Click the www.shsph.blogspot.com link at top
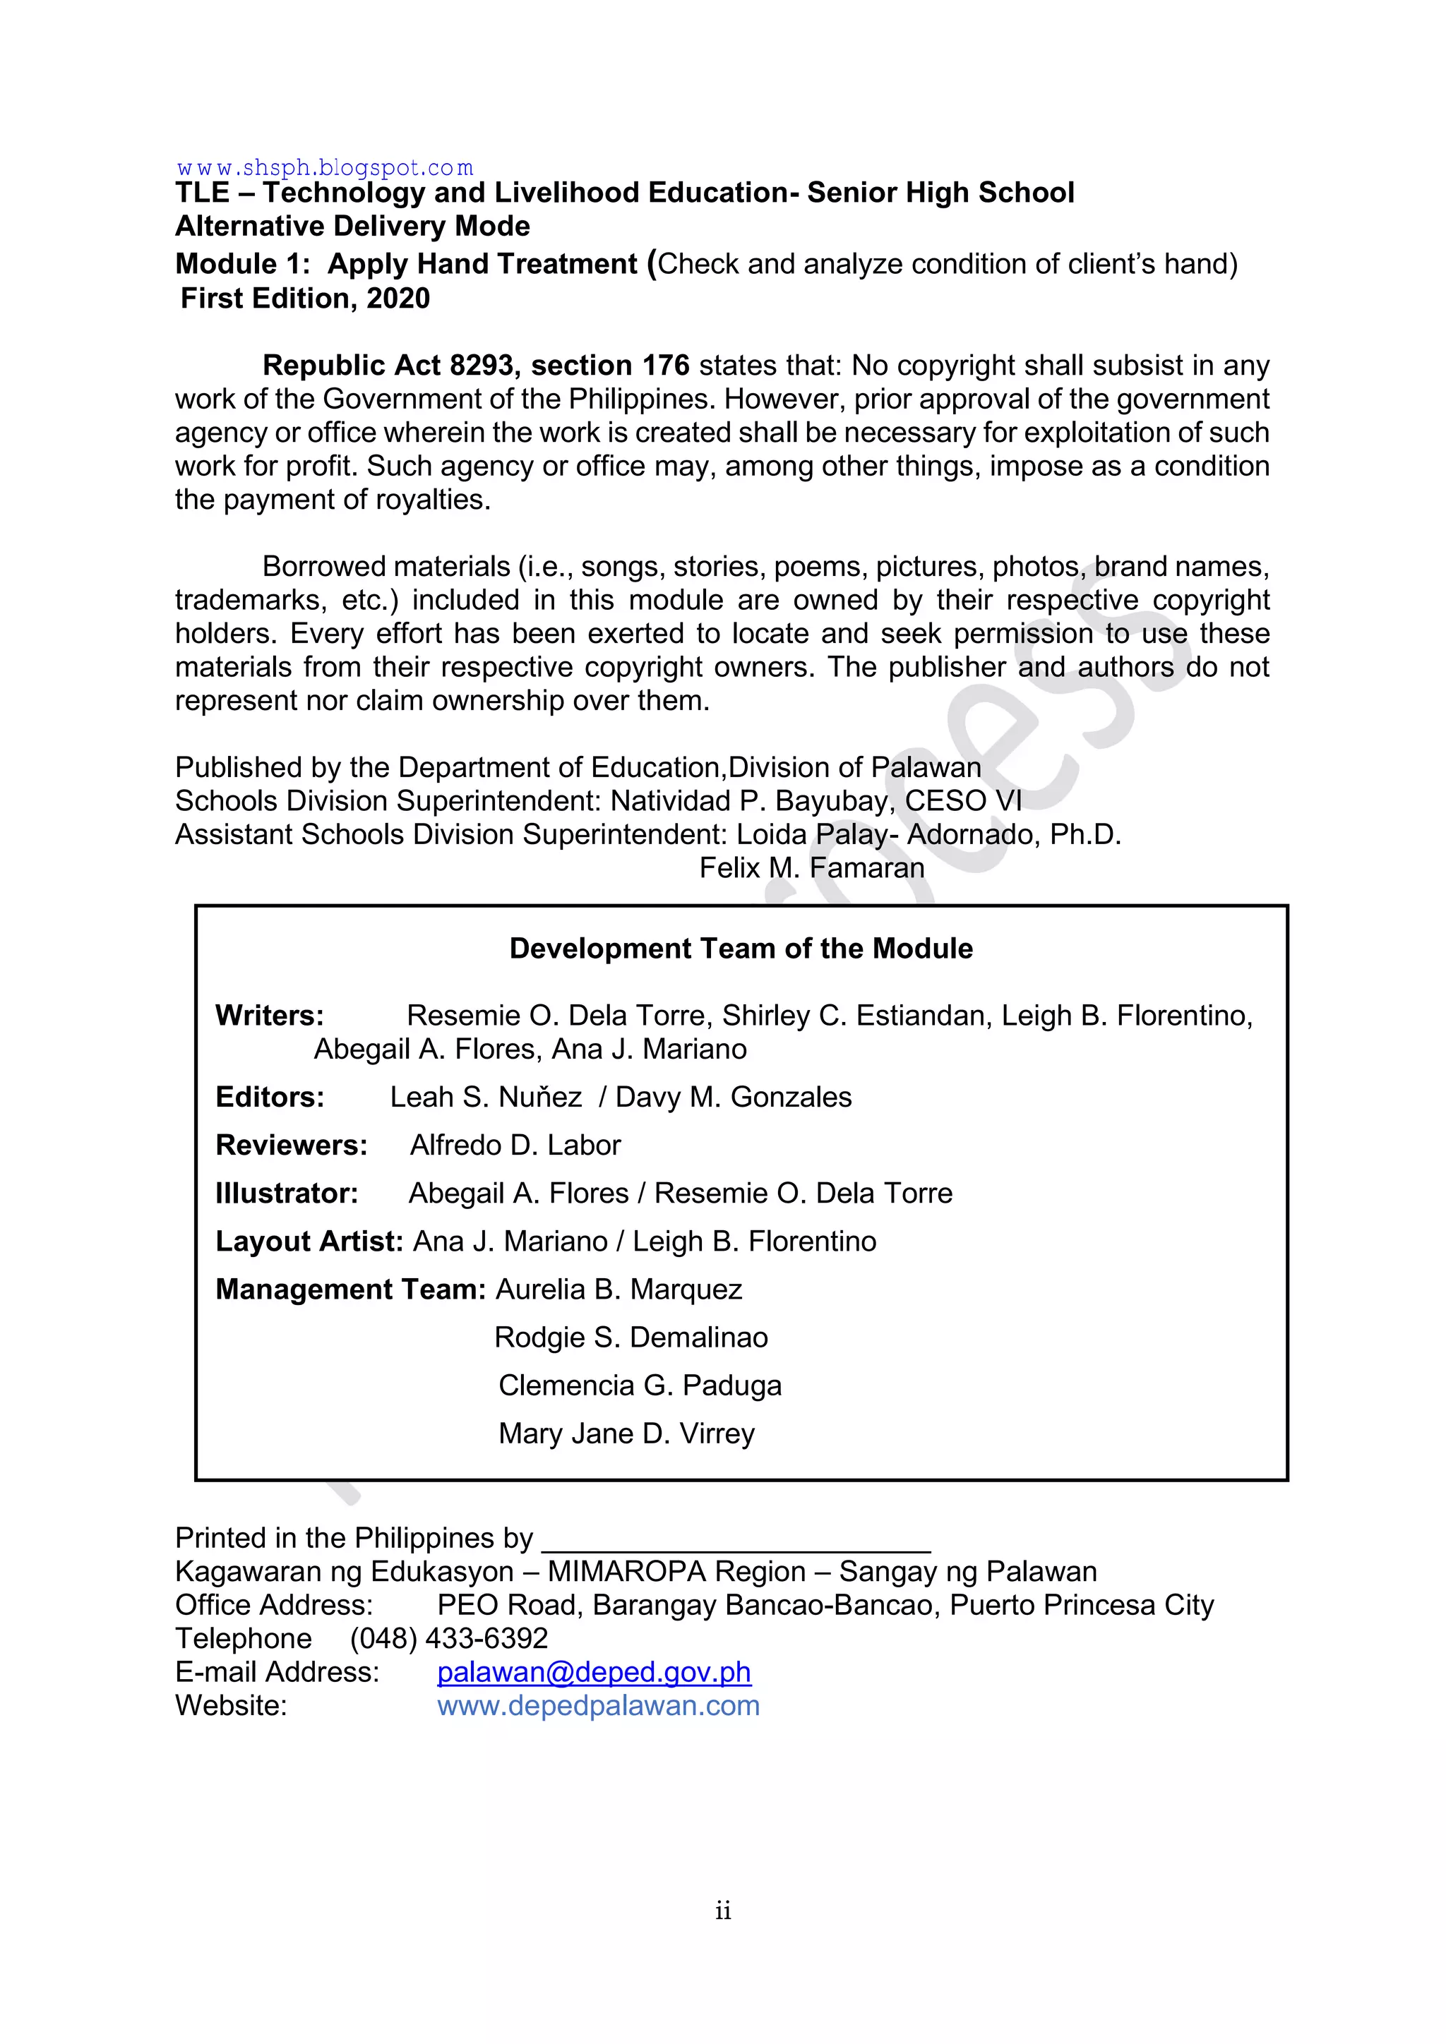[325, 167]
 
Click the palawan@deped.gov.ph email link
[594, 1672]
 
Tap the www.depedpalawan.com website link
[598, 1706]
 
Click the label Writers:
[270, 1016]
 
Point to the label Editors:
[270, 1097]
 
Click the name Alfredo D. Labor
[515, 1145]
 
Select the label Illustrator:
[287, 1193]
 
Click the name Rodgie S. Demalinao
[631, 1337]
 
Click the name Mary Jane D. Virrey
[626, 1433]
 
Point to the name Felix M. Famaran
[811, 867]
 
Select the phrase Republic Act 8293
[388, 365]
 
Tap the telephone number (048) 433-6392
[449, 1638]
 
